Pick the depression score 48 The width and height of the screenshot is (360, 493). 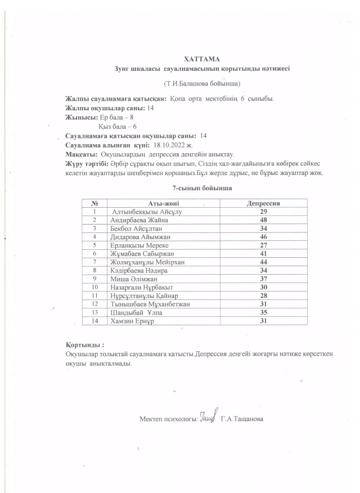point(263,220)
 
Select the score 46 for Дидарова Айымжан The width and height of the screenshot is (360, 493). point(263,237)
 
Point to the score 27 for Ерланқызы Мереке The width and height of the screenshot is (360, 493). point(263,245)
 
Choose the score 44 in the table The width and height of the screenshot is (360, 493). point(263,262)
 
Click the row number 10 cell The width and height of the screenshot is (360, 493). point(96,287)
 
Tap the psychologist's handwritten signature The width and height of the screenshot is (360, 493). point(208,416)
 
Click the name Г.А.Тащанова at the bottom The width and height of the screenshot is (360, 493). point(242,419)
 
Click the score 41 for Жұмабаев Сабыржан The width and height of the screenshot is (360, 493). point(263,254)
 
